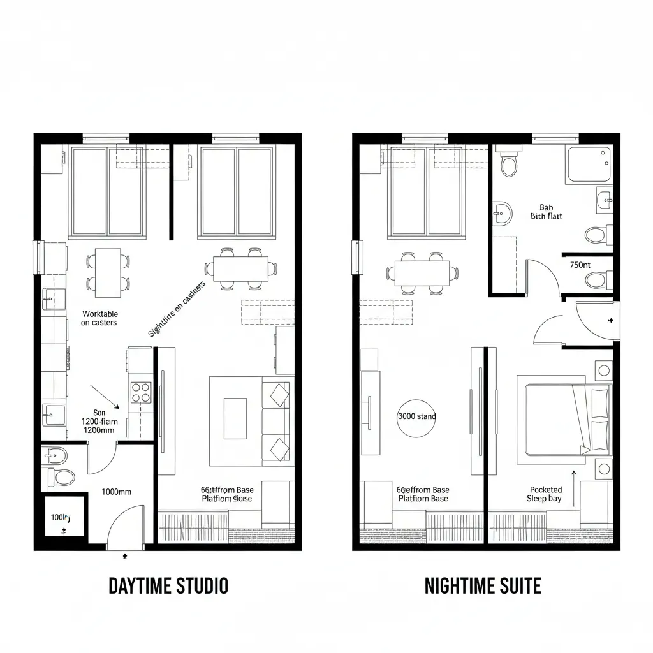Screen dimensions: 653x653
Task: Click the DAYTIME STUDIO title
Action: pos(168,585)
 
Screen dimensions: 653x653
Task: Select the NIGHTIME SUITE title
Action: pos(483,585)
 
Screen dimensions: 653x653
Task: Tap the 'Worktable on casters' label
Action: pos(99,318)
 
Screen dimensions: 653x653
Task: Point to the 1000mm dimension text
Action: pos(117,492)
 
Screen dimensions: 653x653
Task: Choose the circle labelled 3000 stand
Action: pos(416,416)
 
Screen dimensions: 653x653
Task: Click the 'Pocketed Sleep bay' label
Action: pos(545,494)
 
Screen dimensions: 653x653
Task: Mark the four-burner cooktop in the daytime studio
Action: pos(140,392)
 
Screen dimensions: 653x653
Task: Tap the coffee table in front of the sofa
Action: pos(235,418)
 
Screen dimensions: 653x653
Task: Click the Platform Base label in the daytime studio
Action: pos(227,494)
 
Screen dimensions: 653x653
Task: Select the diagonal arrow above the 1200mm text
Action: pos(105,396)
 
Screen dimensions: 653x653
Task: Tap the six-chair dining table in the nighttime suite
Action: pos(422,274)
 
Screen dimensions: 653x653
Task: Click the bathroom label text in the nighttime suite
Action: pos(547,212)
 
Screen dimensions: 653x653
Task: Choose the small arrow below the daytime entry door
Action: pos(125,556)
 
